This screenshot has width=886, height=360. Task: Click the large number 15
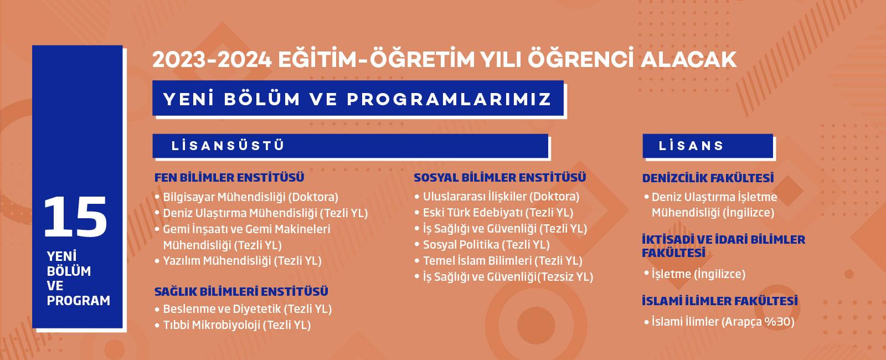pyautogui.click(x=75, y=217)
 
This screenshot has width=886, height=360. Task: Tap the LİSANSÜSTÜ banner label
pyautogui.click(x=228, y=146)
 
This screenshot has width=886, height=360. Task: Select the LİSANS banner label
pyautogui.click(x=691, y=146)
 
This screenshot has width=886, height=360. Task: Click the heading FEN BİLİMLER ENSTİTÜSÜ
pyautogui.click(x=229, y=177)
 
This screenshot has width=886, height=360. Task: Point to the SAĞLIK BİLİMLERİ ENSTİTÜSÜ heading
pyautogui.click(x=241, y=291)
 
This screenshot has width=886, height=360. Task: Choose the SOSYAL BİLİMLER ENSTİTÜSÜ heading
pyautogui.click(x=500, y=177)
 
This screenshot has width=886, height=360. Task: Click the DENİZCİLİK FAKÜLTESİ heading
pyautogui.click(x=708, y=178)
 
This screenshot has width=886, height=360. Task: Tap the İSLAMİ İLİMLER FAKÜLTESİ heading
pyautogui.click(x=719, y=301)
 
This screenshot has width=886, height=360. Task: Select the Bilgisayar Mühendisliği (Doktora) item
pyautogui.click(x=251, y=197)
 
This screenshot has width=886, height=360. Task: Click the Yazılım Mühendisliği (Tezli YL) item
pyautogui.click(x=243, y=261)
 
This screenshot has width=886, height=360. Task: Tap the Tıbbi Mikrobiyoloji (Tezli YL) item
pyautogui.click(x=237, y=325)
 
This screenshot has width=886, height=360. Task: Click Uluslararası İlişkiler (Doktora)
pyautogui.click(x=501, y=197)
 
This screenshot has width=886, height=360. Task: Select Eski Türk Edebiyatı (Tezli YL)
pyautogui.click(x=498, y=213)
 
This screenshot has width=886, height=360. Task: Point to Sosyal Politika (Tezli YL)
pyautogui.click(x=487, y=245)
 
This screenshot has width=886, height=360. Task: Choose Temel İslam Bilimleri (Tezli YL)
pyautogui.click(x=503, y=261)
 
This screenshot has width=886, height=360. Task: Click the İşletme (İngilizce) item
pyautogui.click(x=698, y=274)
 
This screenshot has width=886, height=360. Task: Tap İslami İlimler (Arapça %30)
pyautogui.click(x=723, y=322)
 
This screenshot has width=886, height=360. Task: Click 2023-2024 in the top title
pyautogui.click(x=212, y=60)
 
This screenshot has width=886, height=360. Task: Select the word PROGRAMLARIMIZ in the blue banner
pyautogui.click(x=449, y=99)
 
